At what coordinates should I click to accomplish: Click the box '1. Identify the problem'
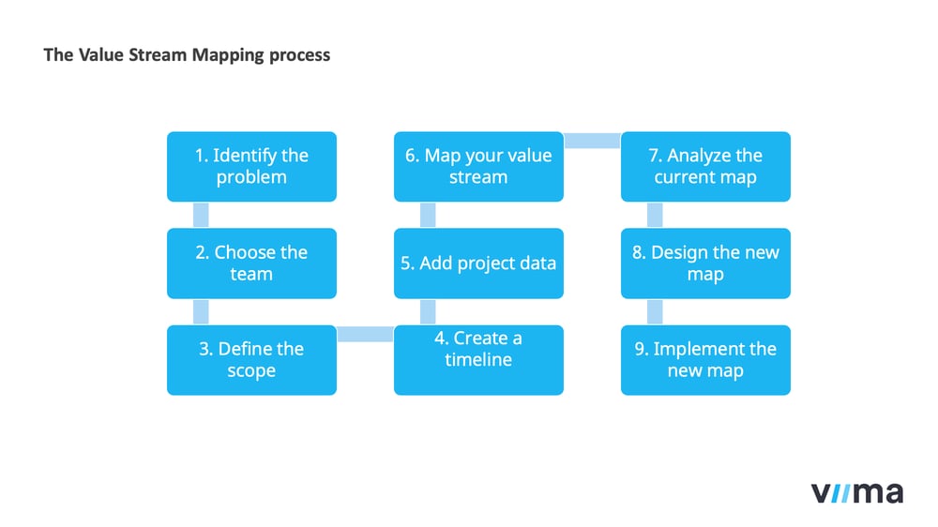click(251, 167)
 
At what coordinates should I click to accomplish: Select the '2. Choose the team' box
click(251, 263)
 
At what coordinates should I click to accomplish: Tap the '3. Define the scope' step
click(251, 360)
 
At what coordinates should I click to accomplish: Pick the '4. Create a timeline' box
click(478, 360)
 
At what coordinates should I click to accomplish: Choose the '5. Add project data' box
click(478, 263)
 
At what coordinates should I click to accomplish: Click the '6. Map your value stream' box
click(478, 167)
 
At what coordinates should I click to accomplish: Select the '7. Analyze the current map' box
click(705, 167)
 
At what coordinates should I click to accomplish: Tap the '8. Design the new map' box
click(705, 263)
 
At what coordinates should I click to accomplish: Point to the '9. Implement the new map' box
click(705, 360)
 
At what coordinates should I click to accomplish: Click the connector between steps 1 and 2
click(200, 215)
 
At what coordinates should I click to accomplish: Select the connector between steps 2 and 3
click(200, 311)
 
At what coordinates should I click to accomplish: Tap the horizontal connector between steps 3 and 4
click(365, 334)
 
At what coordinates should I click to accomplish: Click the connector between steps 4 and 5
click(428, 311)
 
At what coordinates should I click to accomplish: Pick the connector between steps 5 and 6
click(428, 215)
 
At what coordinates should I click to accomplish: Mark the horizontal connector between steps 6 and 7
click(592, 141)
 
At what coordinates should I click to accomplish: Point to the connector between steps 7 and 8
click(655, 215)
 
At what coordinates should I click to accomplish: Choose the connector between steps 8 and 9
click(655, 311)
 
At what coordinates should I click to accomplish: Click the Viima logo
click(856, 492)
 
